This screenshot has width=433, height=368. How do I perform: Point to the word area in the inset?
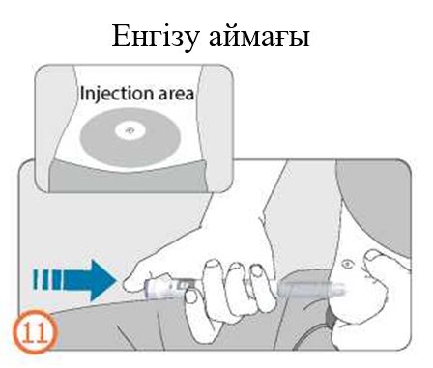coord(176,94)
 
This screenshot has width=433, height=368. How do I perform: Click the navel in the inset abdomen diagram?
coord(130,130)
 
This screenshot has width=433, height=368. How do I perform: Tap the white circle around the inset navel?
coord(130,130)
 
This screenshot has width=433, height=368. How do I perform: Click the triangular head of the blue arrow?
coord(103,279)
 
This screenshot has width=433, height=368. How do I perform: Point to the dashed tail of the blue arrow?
coord(47,279)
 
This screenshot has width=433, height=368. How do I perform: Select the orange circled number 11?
coord(36,331)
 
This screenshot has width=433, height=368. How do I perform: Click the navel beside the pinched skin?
coord(347,265)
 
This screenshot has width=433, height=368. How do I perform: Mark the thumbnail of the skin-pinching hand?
coord(373,256)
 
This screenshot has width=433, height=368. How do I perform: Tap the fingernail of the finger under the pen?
coord(191,296)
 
